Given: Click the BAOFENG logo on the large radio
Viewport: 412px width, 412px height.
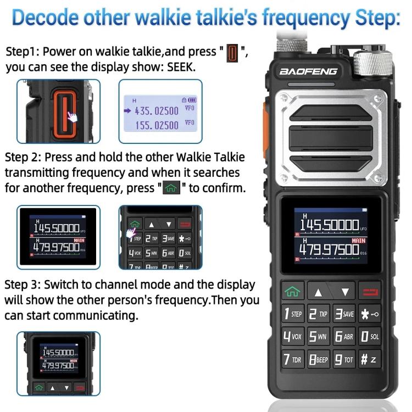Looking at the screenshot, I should pos(308,71).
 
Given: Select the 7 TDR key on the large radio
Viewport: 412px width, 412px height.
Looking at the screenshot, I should pos(293,360).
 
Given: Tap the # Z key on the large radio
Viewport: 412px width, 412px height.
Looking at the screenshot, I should pos(368,360).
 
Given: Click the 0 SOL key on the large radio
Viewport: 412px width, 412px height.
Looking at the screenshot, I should pos(368,336).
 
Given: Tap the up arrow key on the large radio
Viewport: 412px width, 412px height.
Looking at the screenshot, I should pos(318,292).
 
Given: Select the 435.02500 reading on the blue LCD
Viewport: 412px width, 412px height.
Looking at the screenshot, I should pos(157,110).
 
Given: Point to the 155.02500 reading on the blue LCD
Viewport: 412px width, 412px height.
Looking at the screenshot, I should pos(157,125).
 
